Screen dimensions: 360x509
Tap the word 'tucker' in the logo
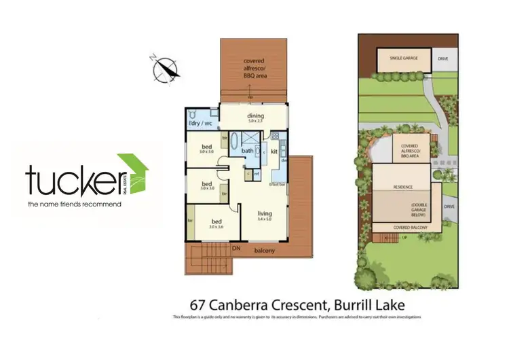71,180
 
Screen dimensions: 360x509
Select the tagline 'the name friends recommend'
74,203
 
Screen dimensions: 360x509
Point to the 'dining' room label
255,116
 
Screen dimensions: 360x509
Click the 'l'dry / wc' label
201,124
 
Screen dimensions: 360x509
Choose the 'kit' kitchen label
274,151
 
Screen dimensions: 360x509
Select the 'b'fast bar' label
276,184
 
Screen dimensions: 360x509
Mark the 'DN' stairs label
236,249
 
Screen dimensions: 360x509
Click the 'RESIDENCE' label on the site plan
403,185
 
